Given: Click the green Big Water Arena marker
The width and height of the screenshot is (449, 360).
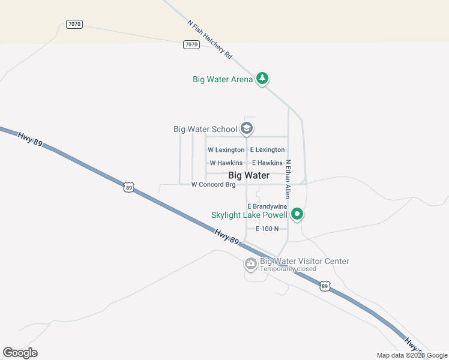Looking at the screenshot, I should (x=262, y=78).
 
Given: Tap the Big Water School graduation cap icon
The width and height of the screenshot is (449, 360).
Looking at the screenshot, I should (x=246, y=128).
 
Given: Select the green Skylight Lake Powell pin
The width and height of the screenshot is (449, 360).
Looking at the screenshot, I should (x=297, y=214).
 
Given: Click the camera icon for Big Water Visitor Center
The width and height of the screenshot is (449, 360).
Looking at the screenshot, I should (x=251, y=263).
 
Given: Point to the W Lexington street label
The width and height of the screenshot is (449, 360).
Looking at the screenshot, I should (x=226, y=149).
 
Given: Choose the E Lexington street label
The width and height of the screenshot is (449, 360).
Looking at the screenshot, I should (x=267, y=149).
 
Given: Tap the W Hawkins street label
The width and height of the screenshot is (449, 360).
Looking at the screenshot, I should (x=226, y=163).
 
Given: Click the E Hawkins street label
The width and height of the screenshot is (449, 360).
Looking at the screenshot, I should (x=267, y=163).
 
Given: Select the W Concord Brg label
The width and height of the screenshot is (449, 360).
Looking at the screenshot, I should (x=213, y=185).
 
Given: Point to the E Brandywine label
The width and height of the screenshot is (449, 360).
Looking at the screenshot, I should (x=267, y=206).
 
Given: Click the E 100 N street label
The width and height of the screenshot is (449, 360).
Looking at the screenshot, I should (x=267, y=229).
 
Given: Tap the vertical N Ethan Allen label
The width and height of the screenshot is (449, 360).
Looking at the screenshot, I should (x=288, y=179).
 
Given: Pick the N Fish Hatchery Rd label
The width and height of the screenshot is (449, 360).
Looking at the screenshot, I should (x=209, y=39).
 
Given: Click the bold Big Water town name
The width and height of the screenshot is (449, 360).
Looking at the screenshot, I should (x=249, y=175).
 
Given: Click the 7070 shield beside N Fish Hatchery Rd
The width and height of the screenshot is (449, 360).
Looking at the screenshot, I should (x=191, y=44).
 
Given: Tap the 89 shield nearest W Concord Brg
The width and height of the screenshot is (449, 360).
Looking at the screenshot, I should (x=129, y=188).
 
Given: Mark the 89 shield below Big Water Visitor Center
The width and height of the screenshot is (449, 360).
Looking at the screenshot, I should (x=324, y=287).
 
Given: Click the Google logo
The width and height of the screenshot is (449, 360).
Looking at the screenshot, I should (x=20, y=353).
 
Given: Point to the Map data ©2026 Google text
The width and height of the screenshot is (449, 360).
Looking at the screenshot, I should (x=411, y=355).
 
